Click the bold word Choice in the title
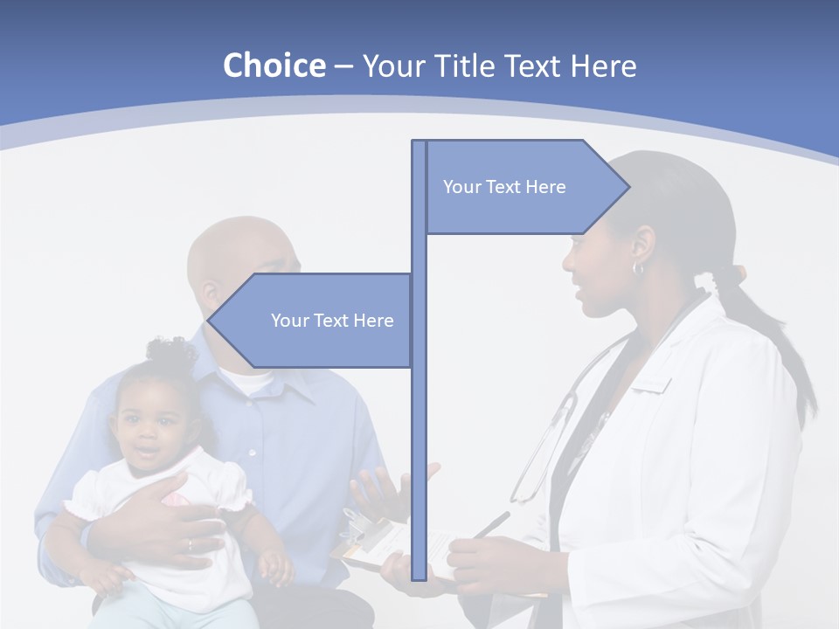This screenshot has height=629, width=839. (274, 66)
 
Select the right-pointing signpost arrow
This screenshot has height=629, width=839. (524, 187)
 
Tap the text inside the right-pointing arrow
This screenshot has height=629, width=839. (504, 187)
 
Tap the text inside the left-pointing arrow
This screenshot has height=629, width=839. (332, 321)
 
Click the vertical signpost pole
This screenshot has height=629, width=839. (419, 437)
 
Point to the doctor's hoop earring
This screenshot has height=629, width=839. (638, 268)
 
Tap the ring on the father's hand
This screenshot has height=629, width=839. (190, 545)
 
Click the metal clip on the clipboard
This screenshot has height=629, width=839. (360, 529)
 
